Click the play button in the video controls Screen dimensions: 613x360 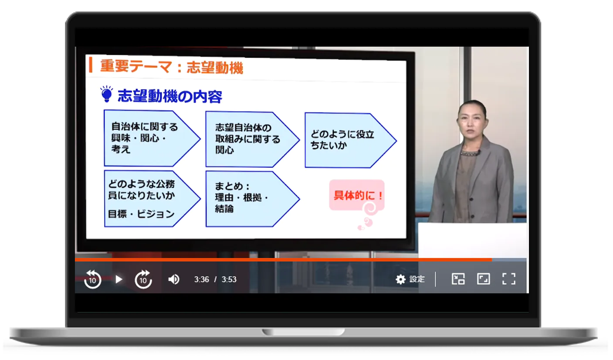(119, 279)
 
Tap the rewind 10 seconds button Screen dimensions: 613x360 (92, 279)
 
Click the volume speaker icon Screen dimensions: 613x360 (173, 279)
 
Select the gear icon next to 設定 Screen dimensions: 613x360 (401, 279)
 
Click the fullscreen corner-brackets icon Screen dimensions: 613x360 (509, 279)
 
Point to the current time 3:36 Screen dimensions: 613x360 (201, 279)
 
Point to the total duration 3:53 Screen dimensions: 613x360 (229, 279)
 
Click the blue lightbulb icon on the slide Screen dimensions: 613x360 (106, 94)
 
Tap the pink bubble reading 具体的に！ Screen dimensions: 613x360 (357, 195)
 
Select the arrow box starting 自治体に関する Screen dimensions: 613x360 (152, 138)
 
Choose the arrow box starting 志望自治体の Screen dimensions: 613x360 (253, 139)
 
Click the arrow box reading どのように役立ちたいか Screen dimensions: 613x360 (351, 140)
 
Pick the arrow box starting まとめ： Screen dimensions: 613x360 (253, 199)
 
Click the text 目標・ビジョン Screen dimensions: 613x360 (141, 214)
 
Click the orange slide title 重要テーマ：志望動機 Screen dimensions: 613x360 (172, 67)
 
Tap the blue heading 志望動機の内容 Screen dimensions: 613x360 (169, 96)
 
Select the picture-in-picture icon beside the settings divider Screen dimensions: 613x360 (458, 279)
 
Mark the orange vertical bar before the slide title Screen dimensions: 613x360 (91, 65)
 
